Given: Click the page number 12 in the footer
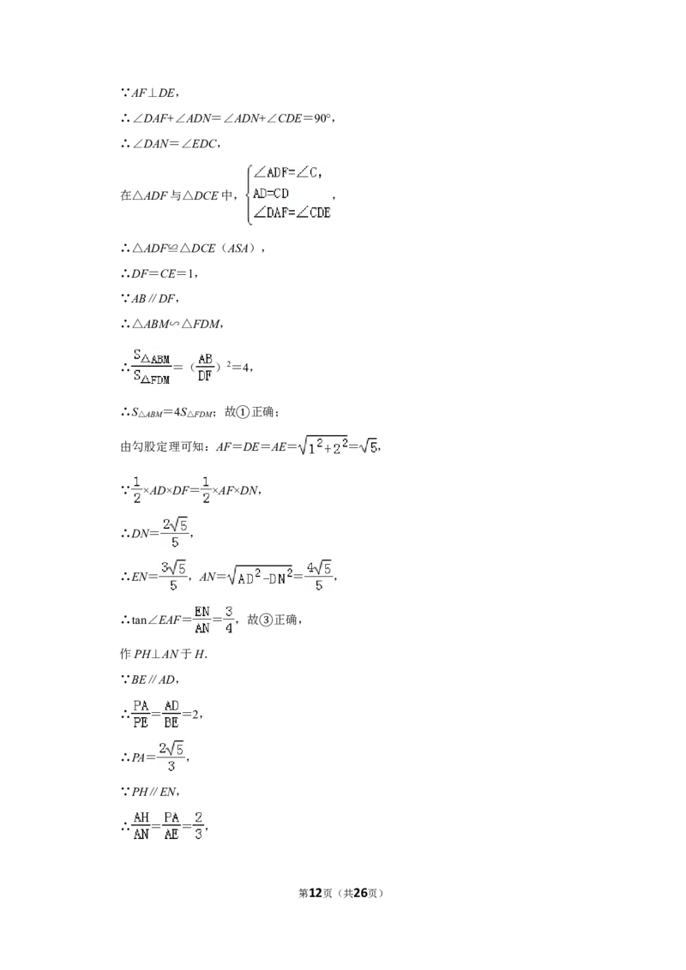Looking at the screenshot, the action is [316, 893].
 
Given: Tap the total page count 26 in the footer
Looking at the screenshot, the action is [360, 893].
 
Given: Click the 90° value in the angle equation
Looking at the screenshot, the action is [322, 118].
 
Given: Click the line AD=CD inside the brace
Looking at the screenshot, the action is [271, 193].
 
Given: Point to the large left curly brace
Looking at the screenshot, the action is [248, 193].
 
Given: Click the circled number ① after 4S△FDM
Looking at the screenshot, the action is [244, 412].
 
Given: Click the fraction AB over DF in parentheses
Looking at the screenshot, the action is [205, 367].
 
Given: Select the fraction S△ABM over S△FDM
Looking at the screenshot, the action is [152, 367].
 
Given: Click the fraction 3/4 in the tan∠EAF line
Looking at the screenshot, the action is [228, 620].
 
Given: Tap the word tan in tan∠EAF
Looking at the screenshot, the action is [139, 620].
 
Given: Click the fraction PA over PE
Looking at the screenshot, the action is [141, 714].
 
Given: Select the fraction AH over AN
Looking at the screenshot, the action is [141, 826].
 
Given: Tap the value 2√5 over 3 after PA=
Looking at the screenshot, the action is [171, 757].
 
